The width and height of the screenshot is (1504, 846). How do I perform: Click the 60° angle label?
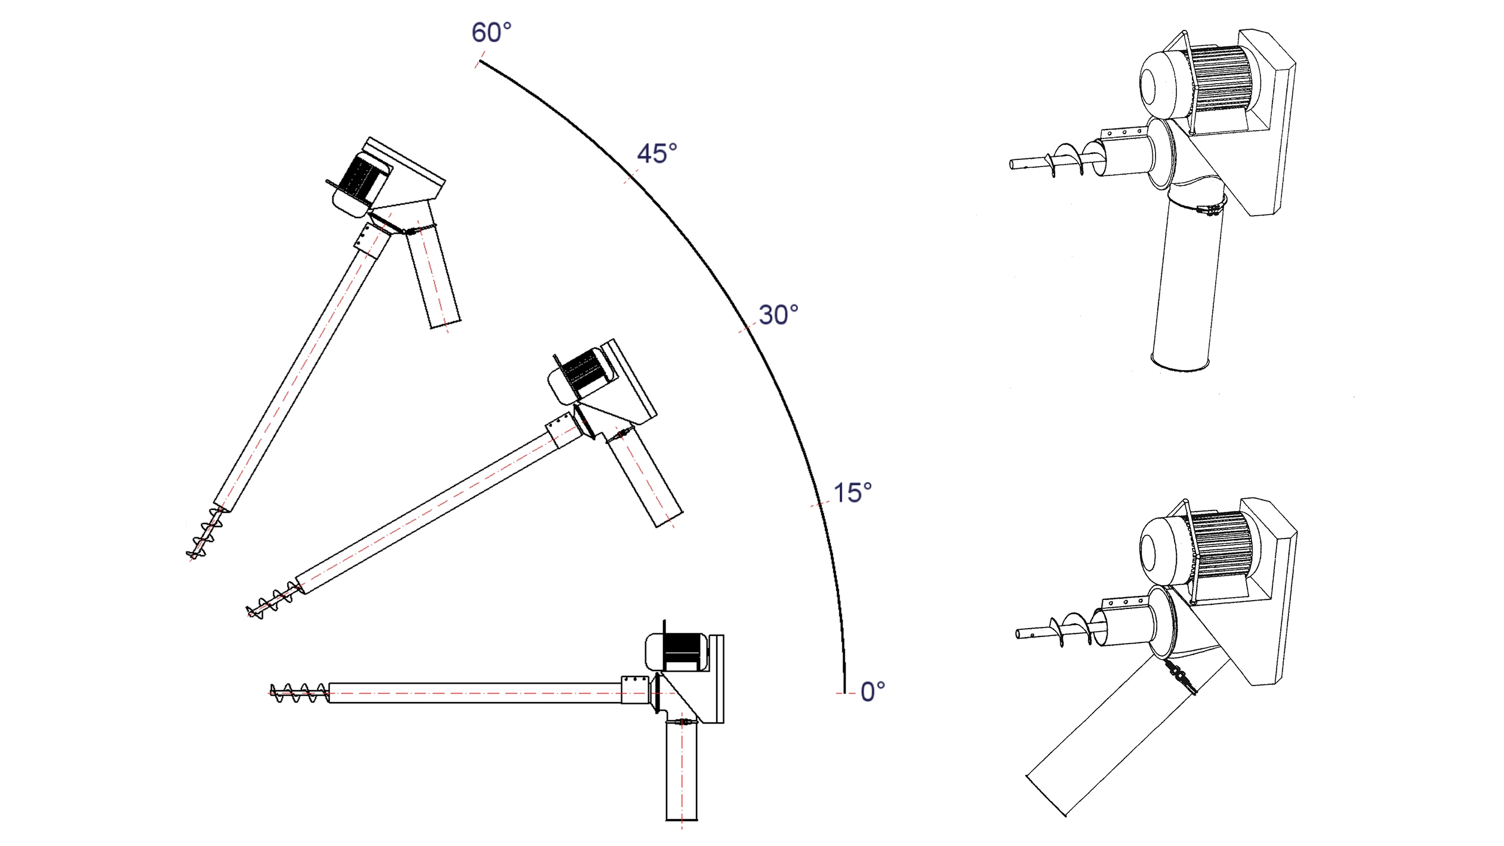point(491,32)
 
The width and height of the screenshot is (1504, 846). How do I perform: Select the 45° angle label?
point(657,153)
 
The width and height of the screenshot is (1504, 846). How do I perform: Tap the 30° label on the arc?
point(778,315)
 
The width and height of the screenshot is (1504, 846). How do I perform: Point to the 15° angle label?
point(852,493)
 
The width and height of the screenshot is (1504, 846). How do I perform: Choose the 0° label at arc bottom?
point(873,691)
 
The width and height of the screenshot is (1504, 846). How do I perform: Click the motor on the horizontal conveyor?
point(677,651)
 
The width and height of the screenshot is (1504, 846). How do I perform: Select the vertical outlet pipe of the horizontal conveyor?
point(682,770)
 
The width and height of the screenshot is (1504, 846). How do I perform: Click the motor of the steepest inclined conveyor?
point(360,181)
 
